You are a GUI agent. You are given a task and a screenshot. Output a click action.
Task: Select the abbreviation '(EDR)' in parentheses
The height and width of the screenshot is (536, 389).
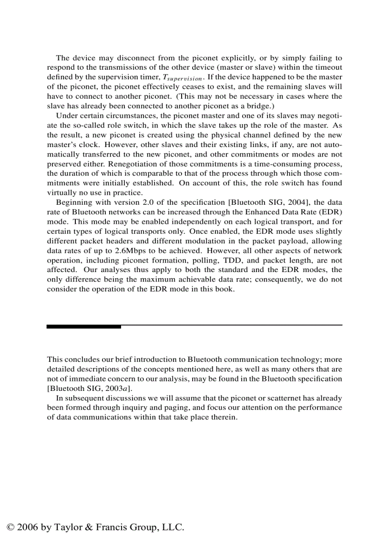[x=332, y=212]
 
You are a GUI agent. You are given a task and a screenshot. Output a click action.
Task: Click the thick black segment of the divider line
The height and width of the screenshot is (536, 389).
[x=84, y=326]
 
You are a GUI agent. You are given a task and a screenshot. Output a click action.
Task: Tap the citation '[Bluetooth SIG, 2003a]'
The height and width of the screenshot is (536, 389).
[x=89, y=389]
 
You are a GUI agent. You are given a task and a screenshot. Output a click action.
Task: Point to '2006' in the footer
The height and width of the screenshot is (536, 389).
[x=28, y=527]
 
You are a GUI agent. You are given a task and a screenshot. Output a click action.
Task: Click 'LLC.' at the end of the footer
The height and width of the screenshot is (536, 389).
[x=173, y=527]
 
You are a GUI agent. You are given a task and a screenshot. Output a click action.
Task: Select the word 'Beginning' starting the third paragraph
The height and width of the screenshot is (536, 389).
[x=74, y=202]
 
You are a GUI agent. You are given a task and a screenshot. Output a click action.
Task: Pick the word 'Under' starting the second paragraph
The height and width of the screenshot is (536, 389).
[x=66, y=116]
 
